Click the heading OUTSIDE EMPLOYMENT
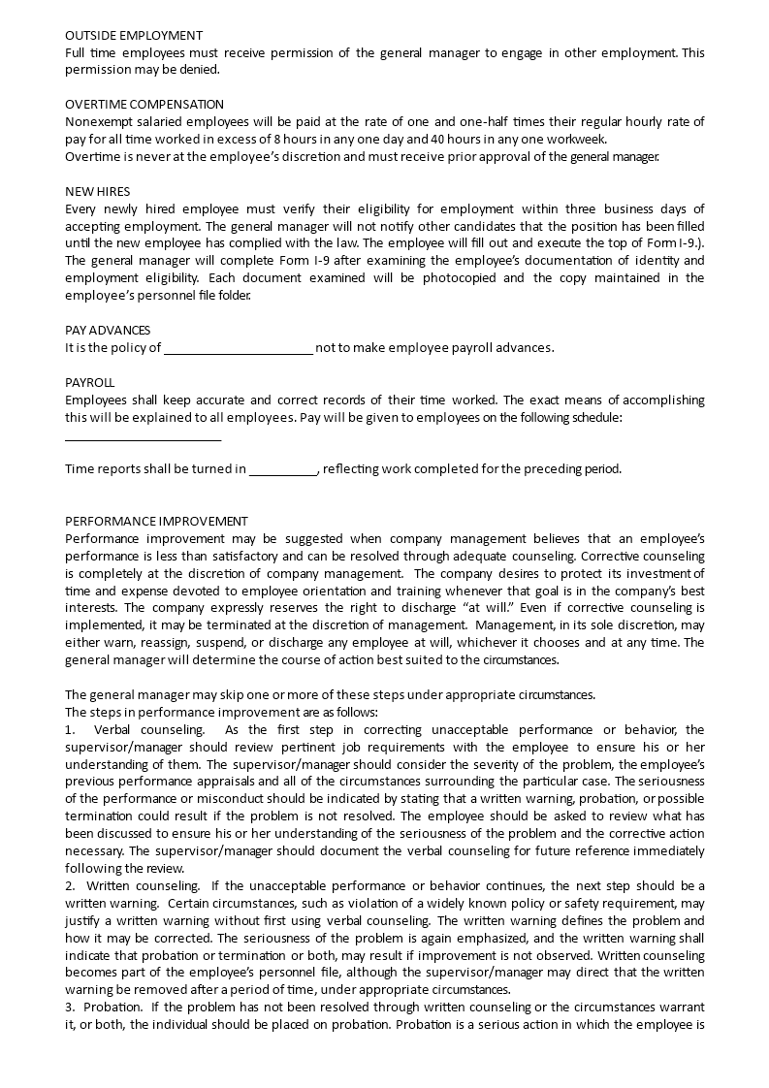(x=134, y=35)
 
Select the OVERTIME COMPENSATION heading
(x=144, y=104)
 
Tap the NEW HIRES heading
(x=97, y=191)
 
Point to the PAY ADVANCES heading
(x=108, y=330)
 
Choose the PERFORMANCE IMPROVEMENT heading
(x=156, y=521)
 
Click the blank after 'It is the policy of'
(x=239, y=347)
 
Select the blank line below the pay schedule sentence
(x=143, y=435)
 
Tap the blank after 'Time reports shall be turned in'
(x=283, y=469)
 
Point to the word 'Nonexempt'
(x=98, y=121)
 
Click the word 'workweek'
(x=577, y=139)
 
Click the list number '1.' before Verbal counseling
(x=70, y=729)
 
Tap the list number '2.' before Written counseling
(x=70, y=886)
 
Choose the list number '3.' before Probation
(x=70, y=1008)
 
